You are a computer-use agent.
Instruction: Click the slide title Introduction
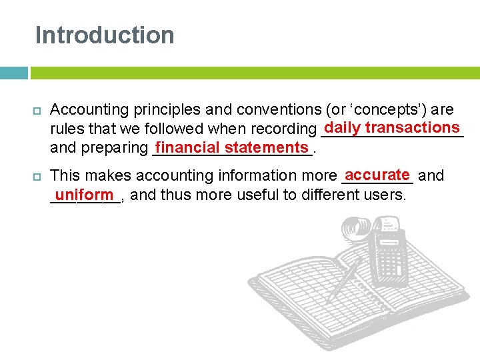(105, 35)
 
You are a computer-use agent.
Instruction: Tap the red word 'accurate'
(377, 175)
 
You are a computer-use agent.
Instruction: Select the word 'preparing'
(113, 148)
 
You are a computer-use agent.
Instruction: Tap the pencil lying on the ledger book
(344, 281)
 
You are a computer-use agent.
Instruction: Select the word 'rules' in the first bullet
(67, 129)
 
